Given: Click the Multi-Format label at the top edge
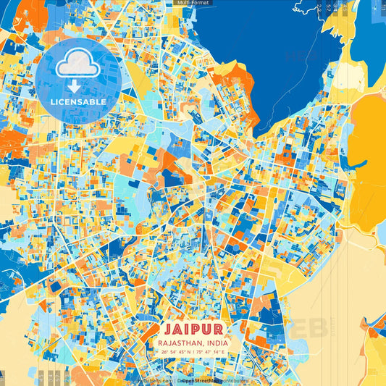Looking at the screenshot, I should pyautogui.click(x=192, y=3).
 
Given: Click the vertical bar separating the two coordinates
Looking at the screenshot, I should pyautogui.click(x=193, y=351).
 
